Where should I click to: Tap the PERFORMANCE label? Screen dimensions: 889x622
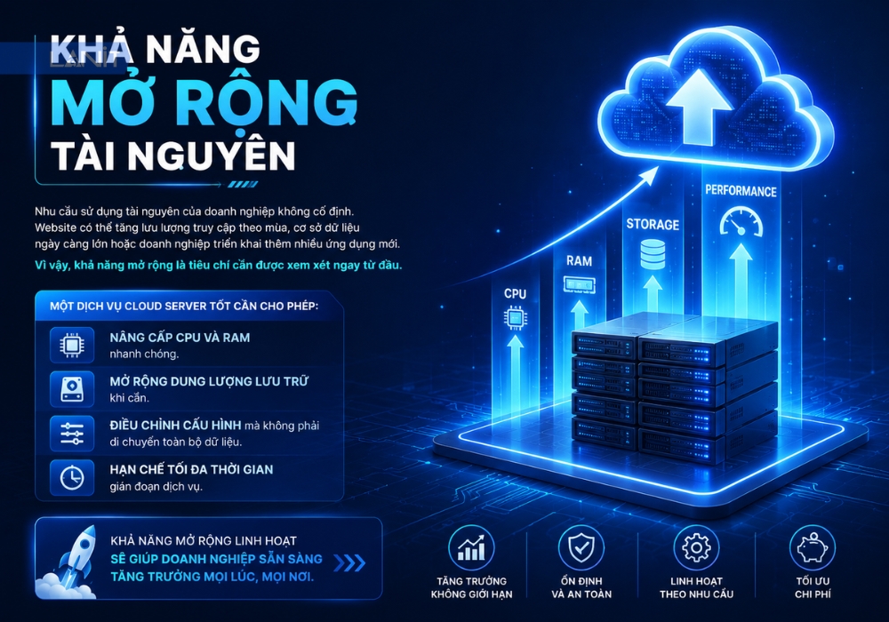click(x=741, y=191)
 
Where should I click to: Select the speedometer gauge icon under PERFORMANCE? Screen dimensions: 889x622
click(x=741, y=222)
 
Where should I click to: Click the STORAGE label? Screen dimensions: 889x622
click(x=653, y=224)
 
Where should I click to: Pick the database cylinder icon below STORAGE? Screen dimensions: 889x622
click(x=653, y=254)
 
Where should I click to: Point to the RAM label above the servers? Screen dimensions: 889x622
click(x=579, y=261)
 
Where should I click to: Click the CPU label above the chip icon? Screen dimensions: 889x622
click(x=515, y=293)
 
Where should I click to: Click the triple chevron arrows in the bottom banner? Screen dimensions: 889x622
click(x=349, y=563)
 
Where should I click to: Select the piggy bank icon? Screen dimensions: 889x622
click(x=813, y=547)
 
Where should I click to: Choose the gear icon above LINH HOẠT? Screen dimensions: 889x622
click(x=696, y=547)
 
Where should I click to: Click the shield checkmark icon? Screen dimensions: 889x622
click(x=581, y=547)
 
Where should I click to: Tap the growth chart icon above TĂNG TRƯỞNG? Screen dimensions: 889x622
click(x=471, y=547)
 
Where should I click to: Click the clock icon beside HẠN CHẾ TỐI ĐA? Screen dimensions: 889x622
click(x=72, y=477)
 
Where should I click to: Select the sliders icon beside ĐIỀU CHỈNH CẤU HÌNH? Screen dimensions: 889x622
click(x=72, y=434)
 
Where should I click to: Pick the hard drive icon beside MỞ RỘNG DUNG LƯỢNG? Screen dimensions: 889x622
click(x=72, y=389)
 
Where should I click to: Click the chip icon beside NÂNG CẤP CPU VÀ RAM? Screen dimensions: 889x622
click(x=72, y=345)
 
